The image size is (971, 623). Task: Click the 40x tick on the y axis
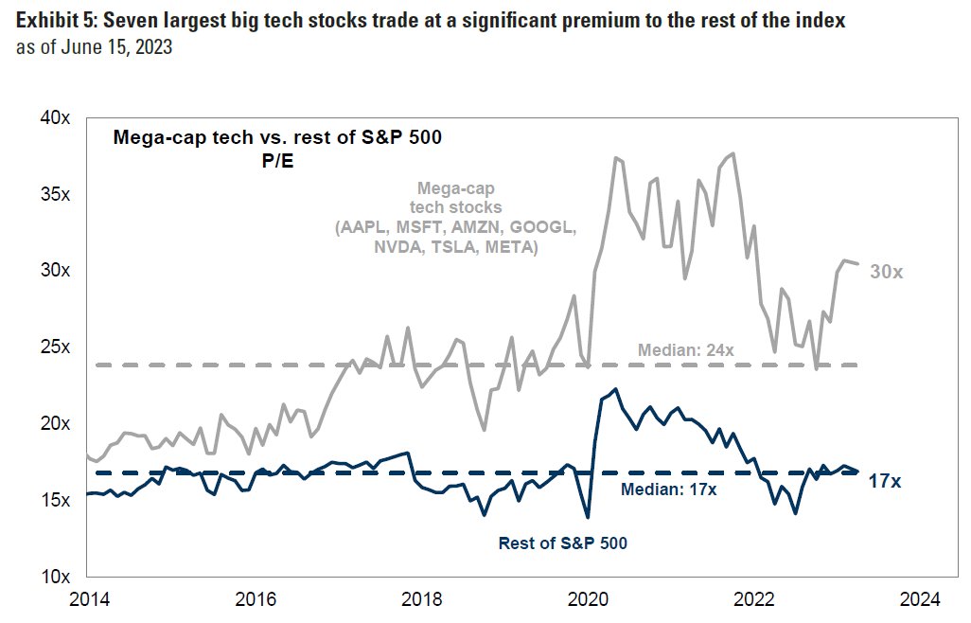coord(55,117)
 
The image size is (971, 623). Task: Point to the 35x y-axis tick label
coord(55,194)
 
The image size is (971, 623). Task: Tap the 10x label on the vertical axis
coord(55,577)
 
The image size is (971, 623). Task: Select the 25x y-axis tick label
coord(55,347)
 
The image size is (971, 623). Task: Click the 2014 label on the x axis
coord(87,598)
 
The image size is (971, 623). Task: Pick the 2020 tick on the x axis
coord(588,598)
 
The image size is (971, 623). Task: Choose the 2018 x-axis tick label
coord(421,598)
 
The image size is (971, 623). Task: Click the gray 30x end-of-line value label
coord(887,272)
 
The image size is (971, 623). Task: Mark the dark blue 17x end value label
coord(884,482)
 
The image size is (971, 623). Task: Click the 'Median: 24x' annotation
coord(686,350)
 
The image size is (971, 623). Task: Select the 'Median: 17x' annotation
coord(668,489)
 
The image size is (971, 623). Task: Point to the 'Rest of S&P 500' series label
coord(563,543)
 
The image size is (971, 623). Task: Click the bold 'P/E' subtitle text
coord(277,162)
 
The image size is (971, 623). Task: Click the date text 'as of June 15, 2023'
coord(94,46)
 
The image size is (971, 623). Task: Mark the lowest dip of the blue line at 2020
coord(588,517)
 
